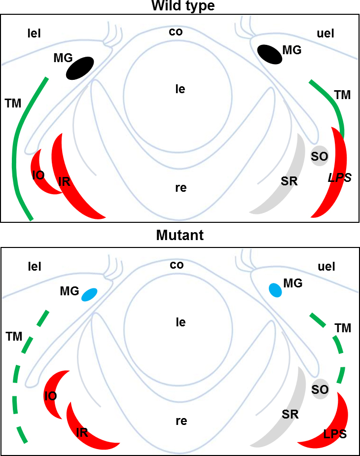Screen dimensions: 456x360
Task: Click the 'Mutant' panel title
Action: coord(180,236)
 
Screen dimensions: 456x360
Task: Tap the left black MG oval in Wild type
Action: coord(80,68)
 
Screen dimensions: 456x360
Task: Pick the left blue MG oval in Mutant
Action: coord(90,294)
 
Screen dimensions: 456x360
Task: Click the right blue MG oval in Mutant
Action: coord(275,290)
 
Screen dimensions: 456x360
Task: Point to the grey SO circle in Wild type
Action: coord(319,156)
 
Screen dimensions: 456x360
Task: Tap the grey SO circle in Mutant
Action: coord(320,389)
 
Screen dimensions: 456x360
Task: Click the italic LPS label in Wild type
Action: coord(340,178)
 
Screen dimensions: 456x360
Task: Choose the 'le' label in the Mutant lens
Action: coord(180,322)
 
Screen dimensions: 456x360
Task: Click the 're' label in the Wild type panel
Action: coord(180,188)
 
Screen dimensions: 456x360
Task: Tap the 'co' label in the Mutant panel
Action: coord(177,265)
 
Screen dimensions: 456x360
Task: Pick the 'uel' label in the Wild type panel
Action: coord(325,34)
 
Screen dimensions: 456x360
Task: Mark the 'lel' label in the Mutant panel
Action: coord(34,267)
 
